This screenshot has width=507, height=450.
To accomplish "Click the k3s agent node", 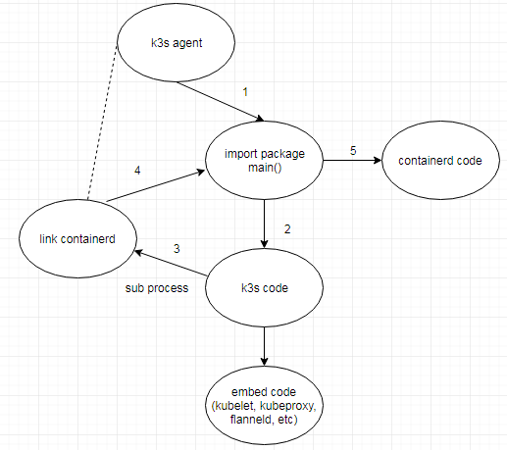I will coord(176,44).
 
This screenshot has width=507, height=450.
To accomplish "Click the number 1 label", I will coord(246,92).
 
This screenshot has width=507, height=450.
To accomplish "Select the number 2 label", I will coord(287,228).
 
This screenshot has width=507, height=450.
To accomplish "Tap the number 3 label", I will coord(177,249).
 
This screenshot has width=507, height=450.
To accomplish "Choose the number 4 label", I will coord(137,171).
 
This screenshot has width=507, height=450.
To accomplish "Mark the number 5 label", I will coord(353,150).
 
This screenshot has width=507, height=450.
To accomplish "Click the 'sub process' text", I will coord(157,289).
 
